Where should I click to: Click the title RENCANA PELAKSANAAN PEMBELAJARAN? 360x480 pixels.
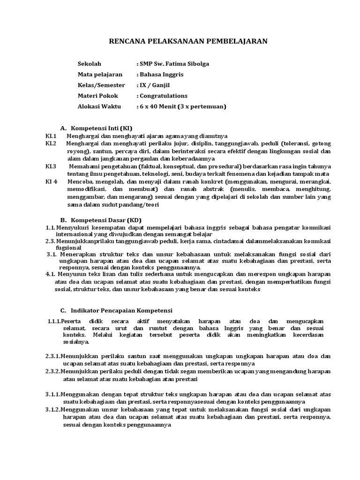coord(188,41)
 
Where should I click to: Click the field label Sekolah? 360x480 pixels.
coord(89,64)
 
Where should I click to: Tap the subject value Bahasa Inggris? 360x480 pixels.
coord(160,75)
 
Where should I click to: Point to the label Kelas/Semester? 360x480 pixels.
coord(101,85)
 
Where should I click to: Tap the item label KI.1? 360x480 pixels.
coord(51,136)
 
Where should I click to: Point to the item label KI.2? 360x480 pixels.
coord(51,143)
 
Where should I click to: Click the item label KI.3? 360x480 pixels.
coord(51,166)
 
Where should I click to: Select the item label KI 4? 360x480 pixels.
coord(51,181)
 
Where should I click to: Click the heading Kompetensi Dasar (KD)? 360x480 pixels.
coord(105,220)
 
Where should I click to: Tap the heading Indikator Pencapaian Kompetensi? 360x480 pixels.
coord(121,310)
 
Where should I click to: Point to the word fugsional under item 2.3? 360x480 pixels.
coord(68,247)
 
